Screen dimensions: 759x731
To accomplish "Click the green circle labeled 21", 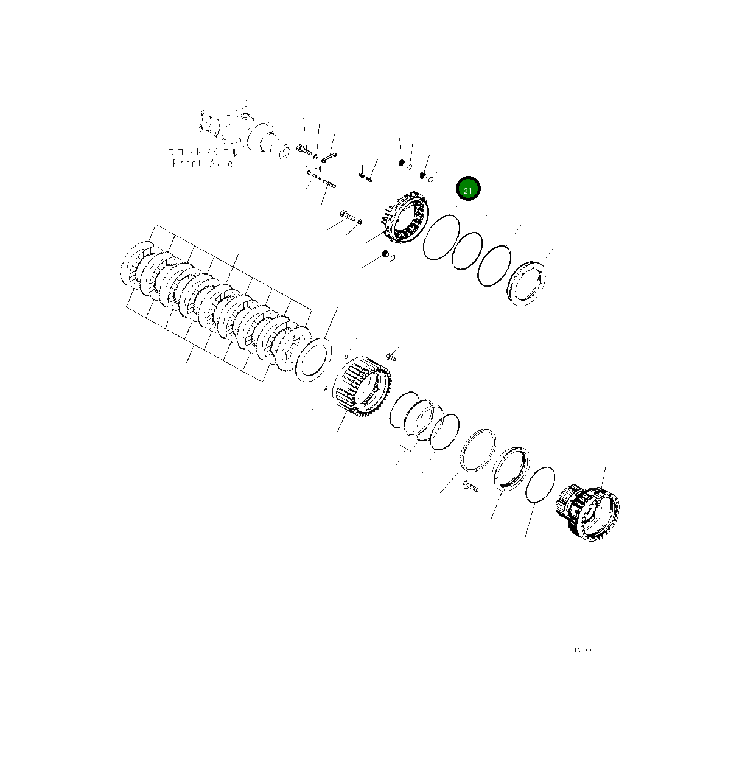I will click(x=468, y=190).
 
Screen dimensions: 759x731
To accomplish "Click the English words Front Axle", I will click(x=202, y=164).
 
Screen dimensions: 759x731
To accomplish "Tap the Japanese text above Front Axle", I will click(x=202, y=152).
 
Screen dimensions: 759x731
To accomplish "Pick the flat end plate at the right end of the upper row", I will click(x=526, y=282).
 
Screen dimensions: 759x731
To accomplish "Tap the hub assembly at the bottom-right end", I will click(x=588, y=509).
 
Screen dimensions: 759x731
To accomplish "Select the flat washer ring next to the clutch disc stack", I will click(x=313, y=361).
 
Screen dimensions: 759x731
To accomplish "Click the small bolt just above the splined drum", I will click(x=391, y=355).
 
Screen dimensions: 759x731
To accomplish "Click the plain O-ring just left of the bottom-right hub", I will click(x=539, y=484).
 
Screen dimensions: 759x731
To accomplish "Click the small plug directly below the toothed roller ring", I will click(x=385, y=254).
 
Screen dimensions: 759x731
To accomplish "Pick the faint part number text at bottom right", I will click(x=590, y=650).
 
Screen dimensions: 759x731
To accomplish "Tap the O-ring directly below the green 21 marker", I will click(x=441, y=237).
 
